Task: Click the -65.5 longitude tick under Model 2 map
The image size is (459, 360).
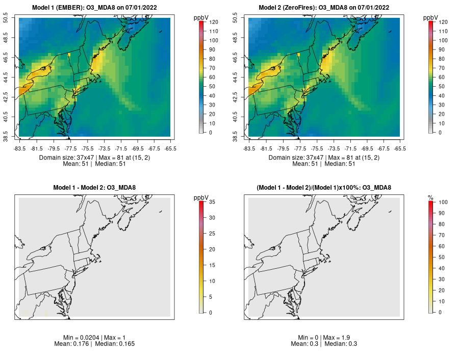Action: pyautogui.click(x=400, y=149)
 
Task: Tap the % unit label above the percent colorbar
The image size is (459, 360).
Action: pyautogui.click(x=430, y=197)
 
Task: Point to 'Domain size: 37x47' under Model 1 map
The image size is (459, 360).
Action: pyautogui.click(x=66, y=158)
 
